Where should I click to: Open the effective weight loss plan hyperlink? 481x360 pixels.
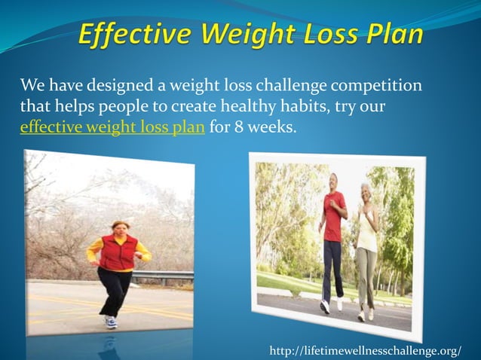[112, 126]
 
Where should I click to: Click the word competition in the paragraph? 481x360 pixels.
[380, 84]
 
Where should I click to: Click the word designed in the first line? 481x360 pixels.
[117, 84]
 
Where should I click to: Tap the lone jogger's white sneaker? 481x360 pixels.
[110, 322]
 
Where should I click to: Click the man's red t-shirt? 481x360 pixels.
[333, 215]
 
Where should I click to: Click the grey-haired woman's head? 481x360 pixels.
[366, 190]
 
